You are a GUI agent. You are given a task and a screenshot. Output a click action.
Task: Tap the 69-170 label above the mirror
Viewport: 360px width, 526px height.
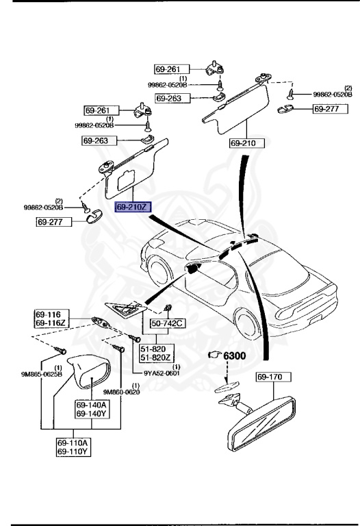tap(274, 376)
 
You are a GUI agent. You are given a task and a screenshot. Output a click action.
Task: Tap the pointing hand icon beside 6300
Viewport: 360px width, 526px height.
tap(216, 356)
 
